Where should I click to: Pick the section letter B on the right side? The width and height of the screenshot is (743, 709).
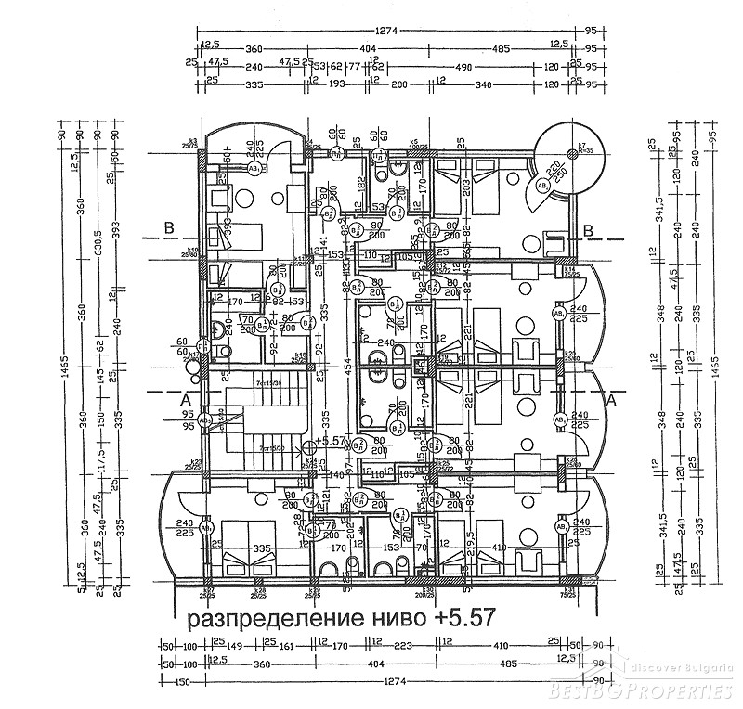pos(588,230)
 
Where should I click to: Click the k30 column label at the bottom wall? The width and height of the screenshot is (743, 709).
pos(428,591)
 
